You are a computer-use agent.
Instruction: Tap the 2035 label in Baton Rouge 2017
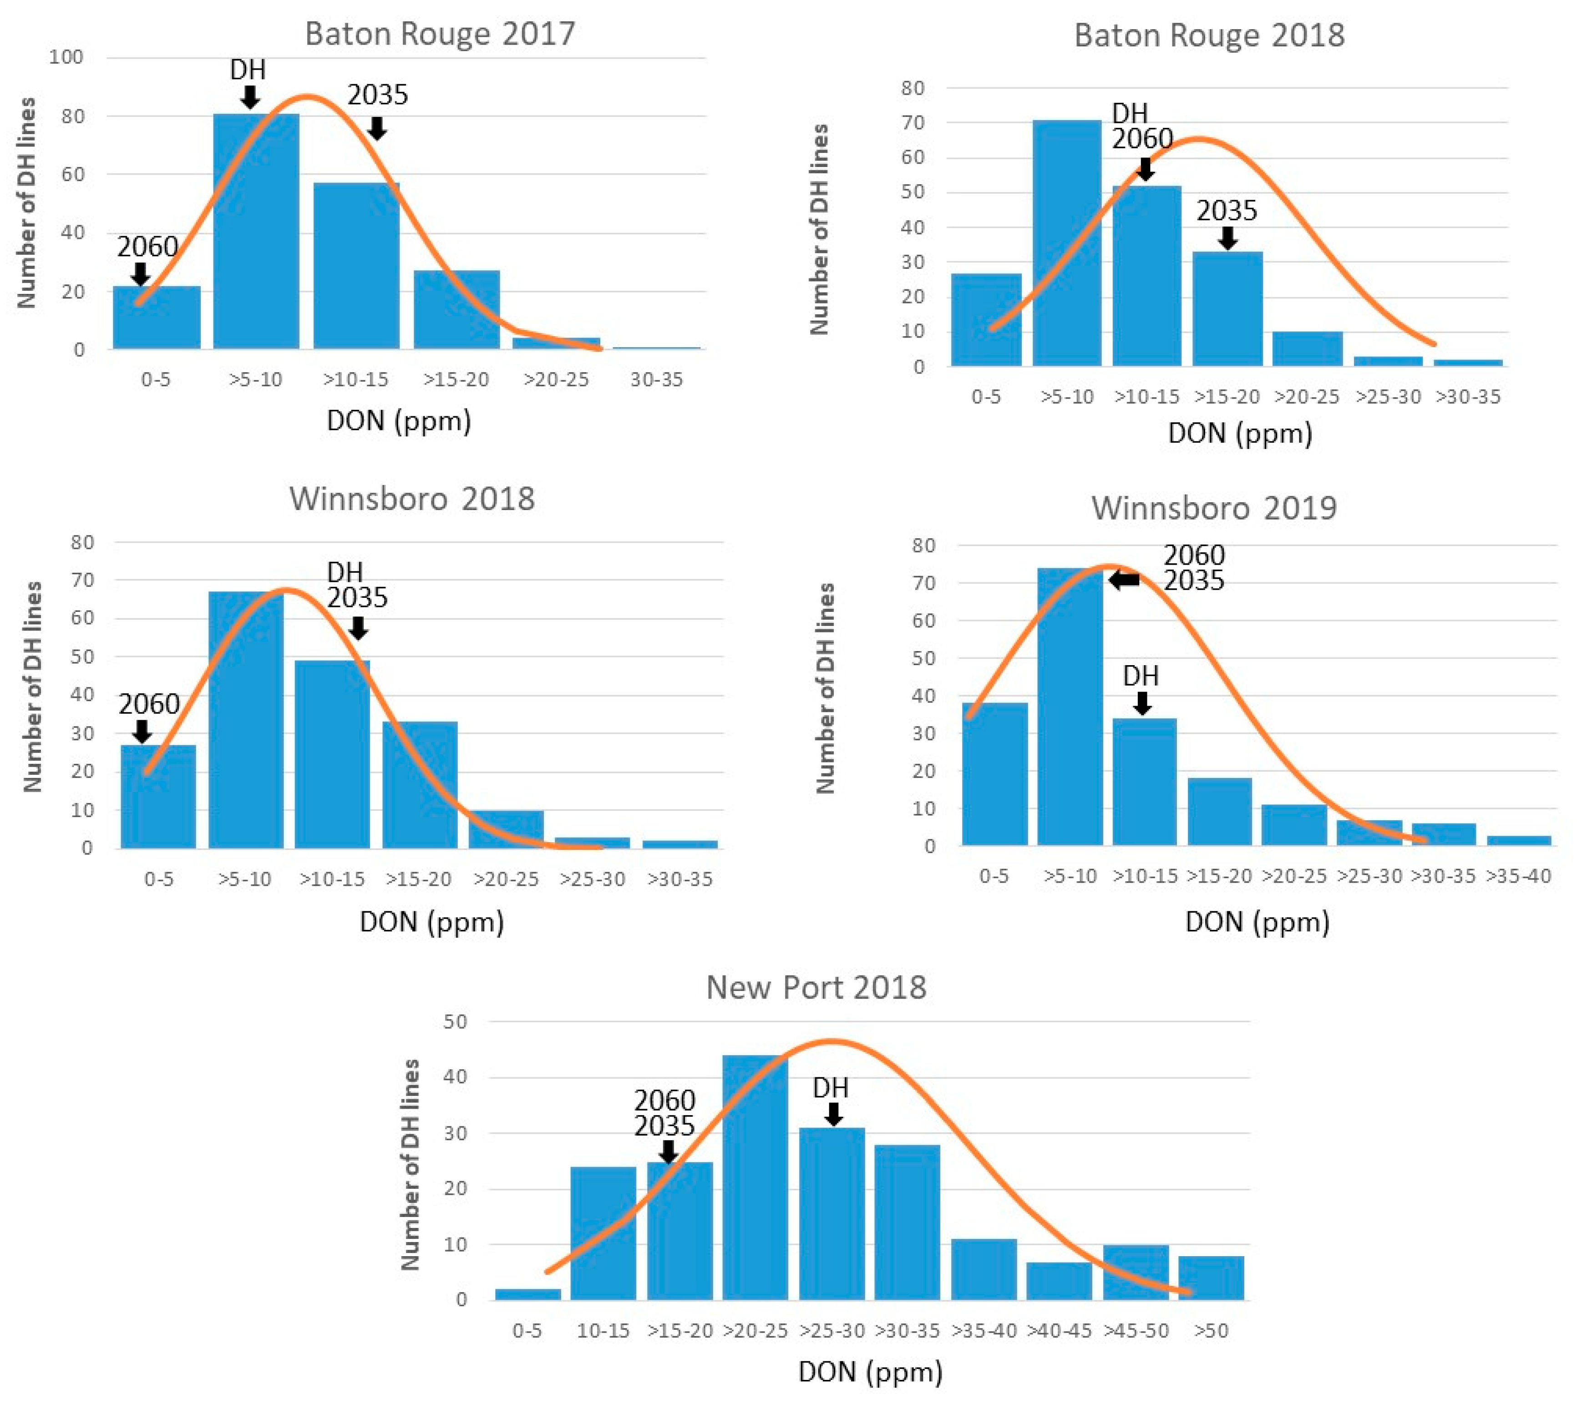[x=377, y=95]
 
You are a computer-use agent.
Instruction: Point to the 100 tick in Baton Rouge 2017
[x=66, y=57]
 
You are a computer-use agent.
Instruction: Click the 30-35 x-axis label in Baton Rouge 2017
[x=657, y=379]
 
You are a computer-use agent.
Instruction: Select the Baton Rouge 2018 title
[x=1209, y=35]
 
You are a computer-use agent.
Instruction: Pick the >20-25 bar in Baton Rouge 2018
[x=1308, y=348]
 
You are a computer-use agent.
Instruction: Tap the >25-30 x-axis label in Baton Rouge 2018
[x=1388, y=397]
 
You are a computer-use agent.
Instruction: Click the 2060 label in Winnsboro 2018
[x=149, y=703]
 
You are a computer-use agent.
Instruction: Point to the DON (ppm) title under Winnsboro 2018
[x=432, y=922]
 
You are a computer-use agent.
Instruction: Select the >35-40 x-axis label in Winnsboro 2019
[x=1518, y=876]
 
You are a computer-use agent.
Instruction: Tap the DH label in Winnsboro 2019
[x=1141, y=676]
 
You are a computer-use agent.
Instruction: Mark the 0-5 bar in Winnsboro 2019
[x=994, y=774]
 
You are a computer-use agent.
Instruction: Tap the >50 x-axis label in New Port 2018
[x=1211, y=1331]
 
